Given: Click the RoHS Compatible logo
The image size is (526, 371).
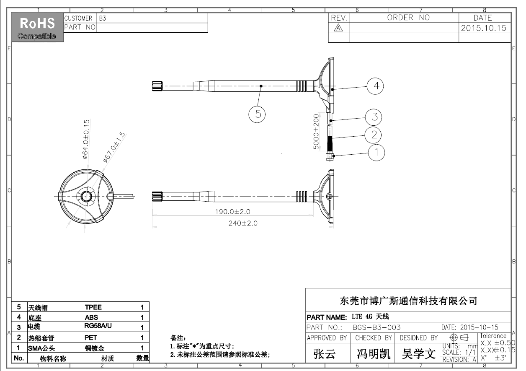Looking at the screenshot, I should [x=37, y=27].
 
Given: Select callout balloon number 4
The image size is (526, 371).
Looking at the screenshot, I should [x=375, y=86].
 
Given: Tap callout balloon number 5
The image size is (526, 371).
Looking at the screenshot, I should [x=258, y=114].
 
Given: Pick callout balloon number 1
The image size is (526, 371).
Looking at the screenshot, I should [x=377, y=153].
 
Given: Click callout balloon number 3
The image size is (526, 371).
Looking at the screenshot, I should [x=374, y=117].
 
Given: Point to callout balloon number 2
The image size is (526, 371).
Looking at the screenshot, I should [x=374, y=135].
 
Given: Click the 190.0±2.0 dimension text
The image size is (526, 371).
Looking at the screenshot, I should [x=232, y=212].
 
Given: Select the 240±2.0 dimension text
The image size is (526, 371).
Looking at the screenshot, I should [x=243, y=223].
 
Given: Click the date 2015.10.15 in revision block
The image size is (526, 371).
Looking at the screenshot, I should [x=484, y=28].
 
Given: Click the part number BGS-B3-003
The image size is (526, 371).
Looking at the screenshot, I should [x=376, y=327].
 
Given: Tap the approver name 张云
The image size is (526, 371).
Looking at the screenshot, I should [x=325, y=354].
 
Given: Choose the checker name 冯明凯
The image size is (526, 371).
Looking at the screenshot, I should [x=373, y=354].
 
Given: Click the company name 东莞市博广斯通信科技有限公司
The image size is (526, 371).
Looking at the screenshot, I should [x=408, y=301].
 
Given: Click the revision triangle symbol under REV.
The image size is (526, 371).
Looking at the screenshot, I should [x=338, y=28].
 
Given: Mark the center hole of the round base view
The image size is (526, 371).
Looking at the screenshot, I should [x=87, y=196].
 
